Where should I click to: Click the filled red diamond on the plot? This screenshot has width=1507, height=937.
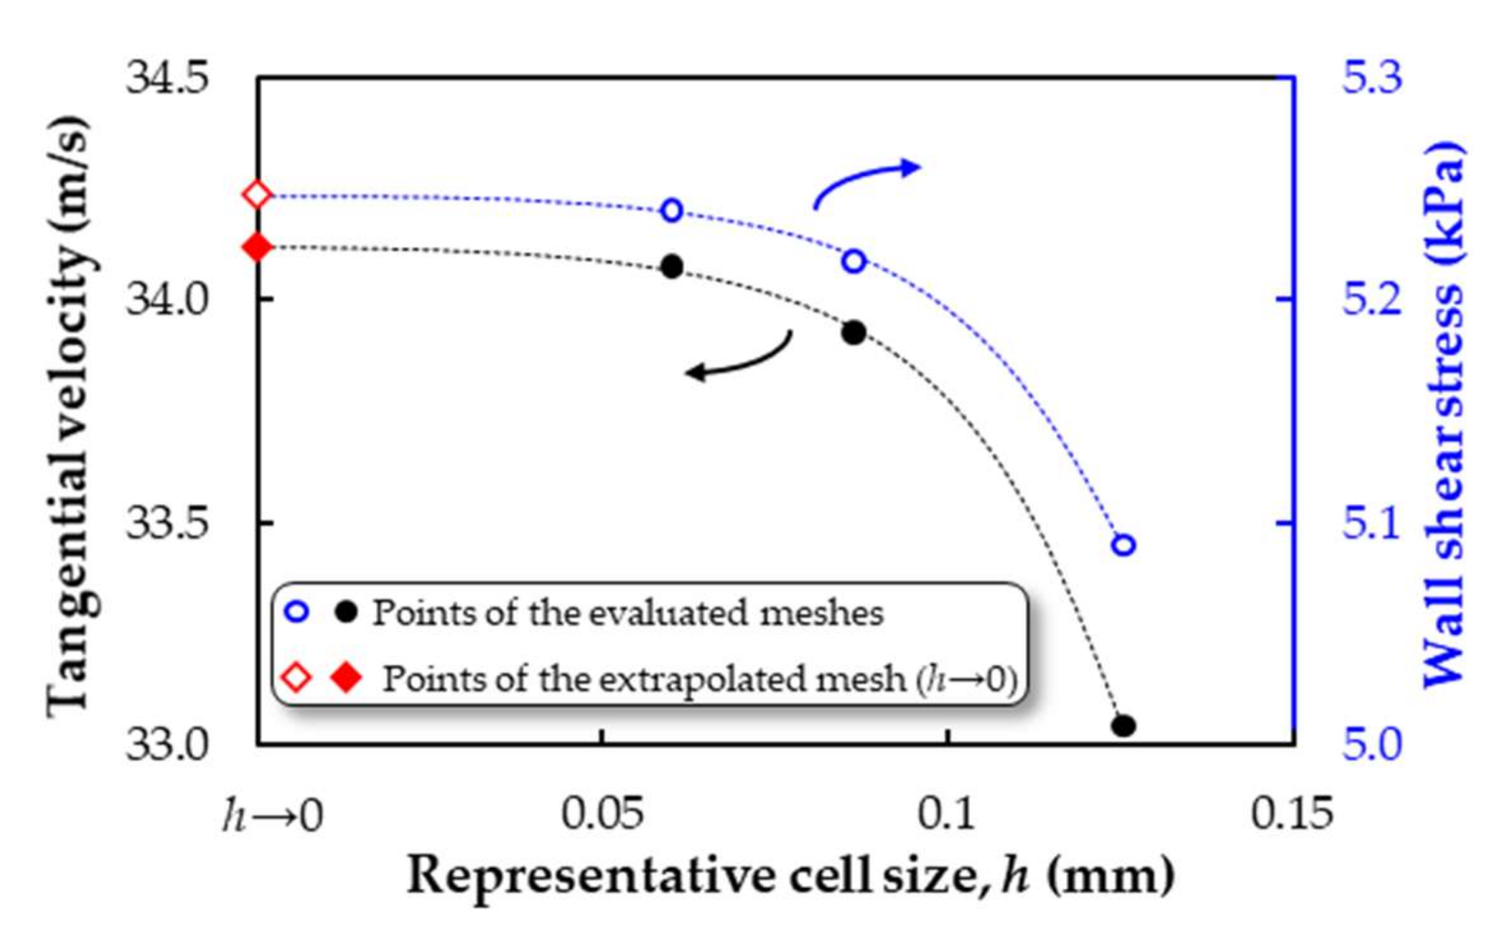[257, 247]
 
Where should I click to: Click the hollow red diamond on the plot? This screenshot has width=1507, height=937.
[257, 195]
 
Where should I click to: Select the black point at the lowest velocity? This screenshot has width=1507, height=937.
[1123, 726]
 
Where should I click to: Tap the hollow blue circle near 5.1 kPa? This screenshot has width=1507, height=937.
[1123, 545]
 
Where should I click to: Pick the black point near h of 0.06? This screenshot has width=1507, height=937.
[671, 266]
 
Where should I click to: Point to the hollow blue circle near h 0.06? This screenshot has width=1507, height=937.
[671, 210]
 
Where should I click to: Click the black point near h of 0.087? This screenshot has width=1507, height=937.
[854, 332]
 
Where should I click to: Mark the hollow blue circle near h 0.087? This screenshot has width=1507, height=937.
[854, 261]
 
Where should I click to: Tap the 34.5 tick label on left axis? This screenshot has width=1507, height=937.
[167, 79]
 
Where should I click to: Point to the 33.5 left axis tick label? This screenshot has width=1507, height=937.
[167, 524]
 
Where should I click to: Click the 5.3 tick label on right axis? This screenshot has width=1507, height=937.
[1372, 79]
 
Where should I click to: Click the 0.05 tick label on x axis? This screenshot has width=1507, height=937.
[601, 812]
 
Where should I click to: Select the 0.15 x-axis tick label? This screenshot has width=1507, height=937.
[1291, 812]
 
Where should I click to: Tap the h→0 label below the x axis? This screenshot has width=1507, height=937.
[272, 815]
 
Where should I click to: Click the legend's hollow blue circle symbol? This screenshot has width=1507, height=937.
[297, 612]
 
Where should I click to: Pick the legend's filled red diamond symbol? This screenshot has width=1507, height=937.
[347, 677]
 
